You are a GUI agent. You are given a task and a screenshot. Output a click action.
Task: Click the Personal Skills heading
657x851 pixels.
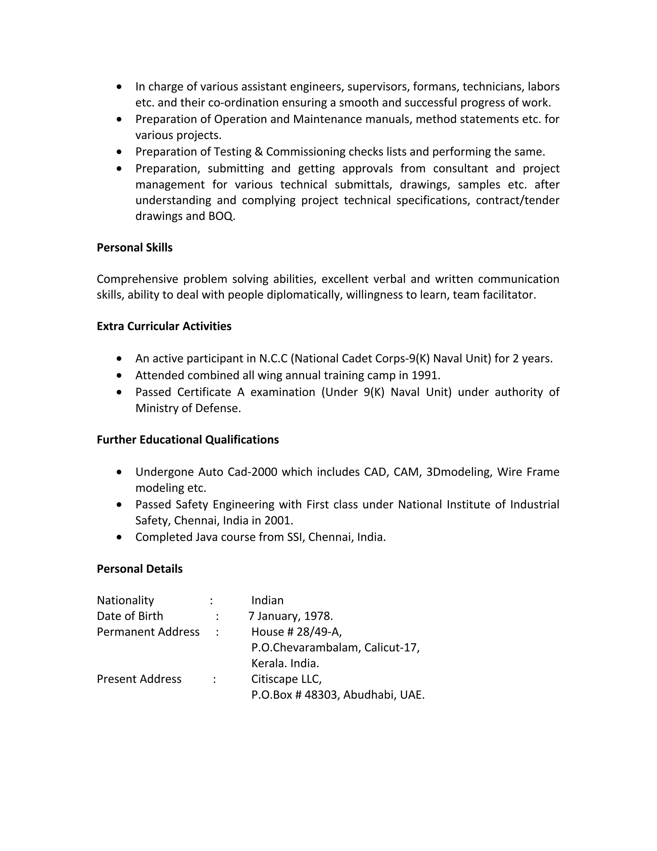134,248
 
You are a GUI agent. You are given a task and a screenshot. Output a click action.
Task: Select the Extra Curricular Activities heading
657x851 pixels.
164,326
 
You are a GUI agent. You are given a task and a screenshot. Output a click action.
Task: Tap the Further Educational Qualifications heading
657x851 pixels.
188,440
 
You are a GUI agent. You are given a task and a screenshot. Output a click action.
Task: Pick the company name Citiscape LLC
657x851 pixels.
286,679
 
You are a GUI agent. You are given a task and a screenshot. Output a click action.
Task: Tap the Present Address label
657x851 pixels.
139,679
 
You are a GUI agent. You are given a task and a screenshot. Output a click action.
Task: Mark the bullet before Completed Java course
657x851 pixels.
119,537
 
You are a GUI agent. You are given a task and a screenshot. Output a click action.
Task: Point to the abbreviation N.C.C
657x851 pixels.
273,358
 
